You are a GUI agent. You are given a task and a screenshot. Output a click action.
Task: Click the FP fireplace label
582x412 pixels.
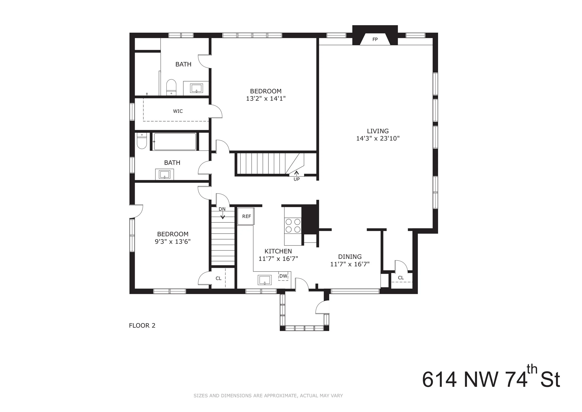375,39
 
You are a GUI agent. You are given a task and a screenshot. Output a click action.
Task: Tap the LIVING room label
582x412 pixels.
378,131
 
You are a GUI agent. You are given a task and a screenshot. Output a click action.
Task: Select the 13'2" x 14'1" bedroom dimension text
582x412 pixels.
266,98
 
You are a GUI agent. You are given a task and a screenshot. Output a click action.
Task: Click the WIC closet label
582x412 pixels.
178,111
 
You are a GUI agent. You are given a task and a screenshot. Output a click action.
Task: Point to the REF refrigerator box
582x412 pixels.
246,216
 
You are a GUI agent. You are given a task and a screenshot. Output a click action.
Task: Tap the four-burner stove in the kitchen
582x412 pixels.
293,226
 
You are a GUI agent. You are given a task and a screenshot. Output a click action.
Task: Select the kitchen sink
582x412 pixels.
265,280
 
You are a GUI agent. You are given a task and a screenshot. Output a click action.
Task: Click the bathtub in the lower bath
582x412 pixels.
175,142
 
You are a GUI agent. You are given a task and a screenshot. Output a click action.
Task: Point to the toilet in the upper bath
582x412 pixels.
171,87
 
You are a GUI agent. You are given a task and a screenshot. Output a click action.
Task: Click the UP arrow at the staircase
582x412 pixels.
296,173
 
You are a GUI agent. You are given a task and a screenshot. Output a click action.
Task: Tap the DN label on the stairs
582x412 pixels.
222,209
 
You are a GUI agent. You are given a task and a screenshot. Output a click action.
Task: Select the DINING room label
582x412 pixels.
350,257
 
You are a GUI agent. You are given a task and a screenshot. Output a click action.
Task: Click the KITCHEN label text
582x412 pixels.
278,251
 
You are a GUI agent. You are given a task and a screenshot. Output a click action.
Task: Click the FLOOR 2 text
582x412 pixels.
142,325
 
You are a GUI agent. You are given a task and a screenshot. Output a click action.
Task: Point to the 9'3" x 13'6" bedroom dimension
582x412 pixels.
173,241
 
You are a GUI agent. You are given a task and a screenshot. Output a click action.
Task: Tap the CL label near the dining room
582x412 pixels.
401,278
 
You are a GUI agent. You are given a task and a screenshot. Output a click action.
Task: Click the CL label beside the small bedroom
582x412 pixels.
219,278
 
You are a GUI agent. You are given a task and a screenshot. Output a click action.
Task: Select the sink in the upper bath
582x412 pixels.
196,88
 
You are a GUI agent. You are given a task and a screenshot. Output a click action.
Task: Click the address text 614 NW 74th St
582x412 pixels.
491,380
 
